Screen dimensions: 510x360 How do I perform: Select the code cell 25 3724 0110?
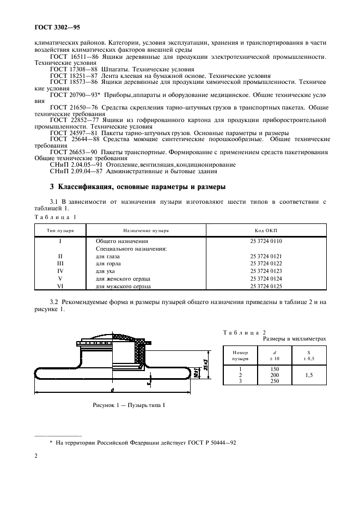pos(266,241)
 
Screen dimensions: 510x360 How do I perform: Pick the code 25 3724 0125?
pos(266,286)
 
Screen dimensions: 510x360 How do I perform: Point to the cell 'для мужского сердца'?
pos(123,286)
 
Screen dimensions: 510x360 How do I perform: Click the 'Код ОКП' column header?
pos(266,230)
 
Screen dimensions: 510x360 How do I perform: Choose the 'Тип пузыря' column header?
pos(60,230)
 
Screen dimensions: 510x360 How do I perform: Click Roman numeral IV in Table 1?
pos(60,271)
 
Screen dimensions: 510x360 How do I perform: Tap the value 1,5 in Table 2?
pos(309,375)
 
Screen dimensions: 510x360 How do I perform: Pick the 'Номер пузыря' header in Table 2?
pos(240,355)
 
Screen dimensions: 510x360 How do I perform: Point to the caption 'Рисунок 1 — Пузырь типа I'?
pos(129,405)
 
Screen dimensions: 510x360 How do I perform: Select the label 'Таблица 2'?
pos(245,331)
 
